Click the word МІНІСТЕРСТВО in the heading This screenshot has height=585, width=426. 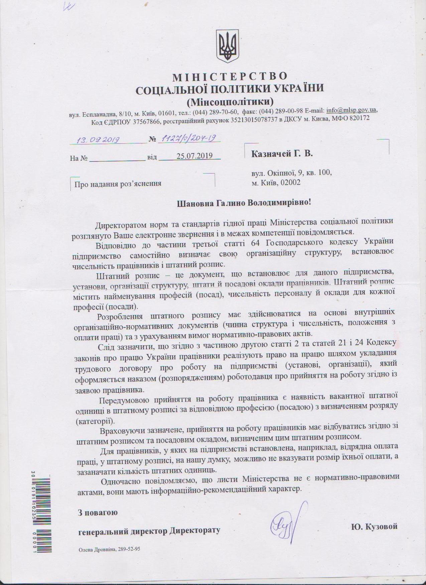[230, 77]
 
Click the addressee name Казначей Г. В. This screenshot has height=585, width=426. [282, 154]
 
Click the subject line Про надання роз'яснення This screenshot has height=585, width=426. [118, 184]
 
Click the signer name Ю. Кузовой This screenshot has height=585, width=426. [374, 526]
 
